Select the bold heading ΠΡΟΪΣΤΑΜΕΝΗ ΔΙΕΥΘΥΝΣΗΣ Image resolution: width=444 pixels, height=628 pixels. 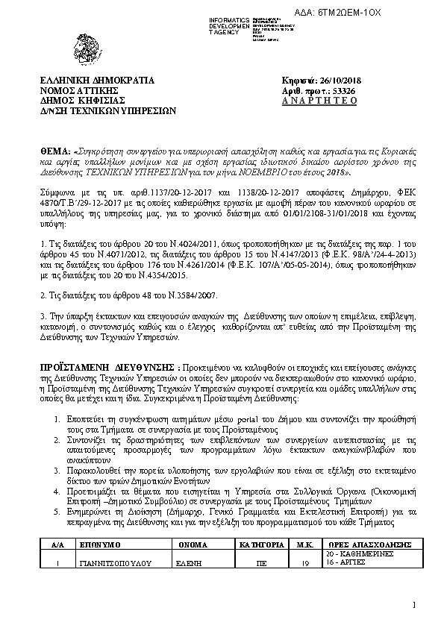107,368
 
